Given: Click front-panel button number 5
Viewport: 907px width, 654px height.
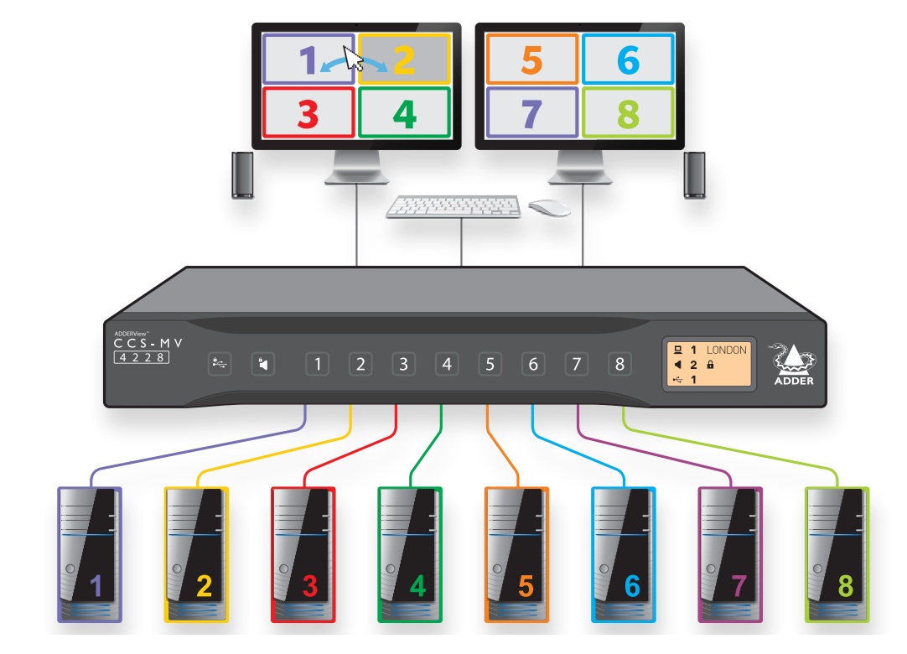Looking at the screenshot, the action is point(490,364).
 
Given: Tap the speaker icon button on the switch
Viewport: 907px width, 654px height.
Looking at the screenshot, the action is point(263,364).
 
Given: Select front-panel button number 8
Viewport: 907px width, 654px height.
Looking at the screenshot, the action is point(619,364).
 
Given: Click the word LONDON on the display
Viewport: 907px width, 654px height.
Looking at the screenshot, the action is point(727,350).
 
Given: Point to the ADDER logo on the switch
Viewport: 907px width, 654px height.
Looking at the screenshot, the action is point(794,364).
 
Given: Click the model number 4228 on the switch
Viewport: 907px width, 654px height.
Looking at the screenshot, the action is point(142,357).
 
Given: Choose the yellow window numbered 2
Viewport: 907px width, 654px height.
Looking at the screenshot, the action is point(404,59).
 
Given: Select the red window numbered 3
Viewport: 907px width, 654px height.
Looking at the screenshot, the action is point(308,112).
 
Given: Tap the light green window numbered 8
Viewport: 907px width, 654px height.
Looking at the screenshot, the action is point(628,112).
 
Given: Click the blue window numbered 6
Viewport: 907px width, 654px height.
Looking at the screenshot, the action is point(628,59).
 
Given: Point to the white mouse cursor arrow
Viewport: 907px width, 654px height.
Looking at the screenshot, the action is point(352,57).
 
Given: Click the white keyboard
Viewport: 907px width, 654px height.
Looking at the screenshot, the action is point(453,206).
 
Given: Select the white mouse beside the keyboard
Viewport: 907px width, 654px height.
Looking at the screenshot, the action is point(549,208).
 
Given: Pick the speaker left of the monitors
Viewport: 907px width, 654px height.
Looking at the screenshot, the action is point(242,174).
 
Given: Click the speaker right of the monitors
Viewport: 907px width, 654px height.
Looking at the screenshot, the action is point(694,174).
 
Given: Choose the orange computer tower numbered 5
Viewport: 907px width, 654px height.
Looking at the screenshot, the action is point(516,554).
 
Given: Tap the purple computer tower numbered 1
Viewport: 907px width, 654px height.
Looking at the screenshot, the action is point(90,554).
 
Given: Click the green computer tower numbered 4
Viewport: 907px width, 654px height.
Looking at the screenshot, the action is point(410,554).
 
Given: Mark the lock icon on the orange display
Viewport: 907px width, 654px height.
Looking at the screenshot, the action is point(710,365).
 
